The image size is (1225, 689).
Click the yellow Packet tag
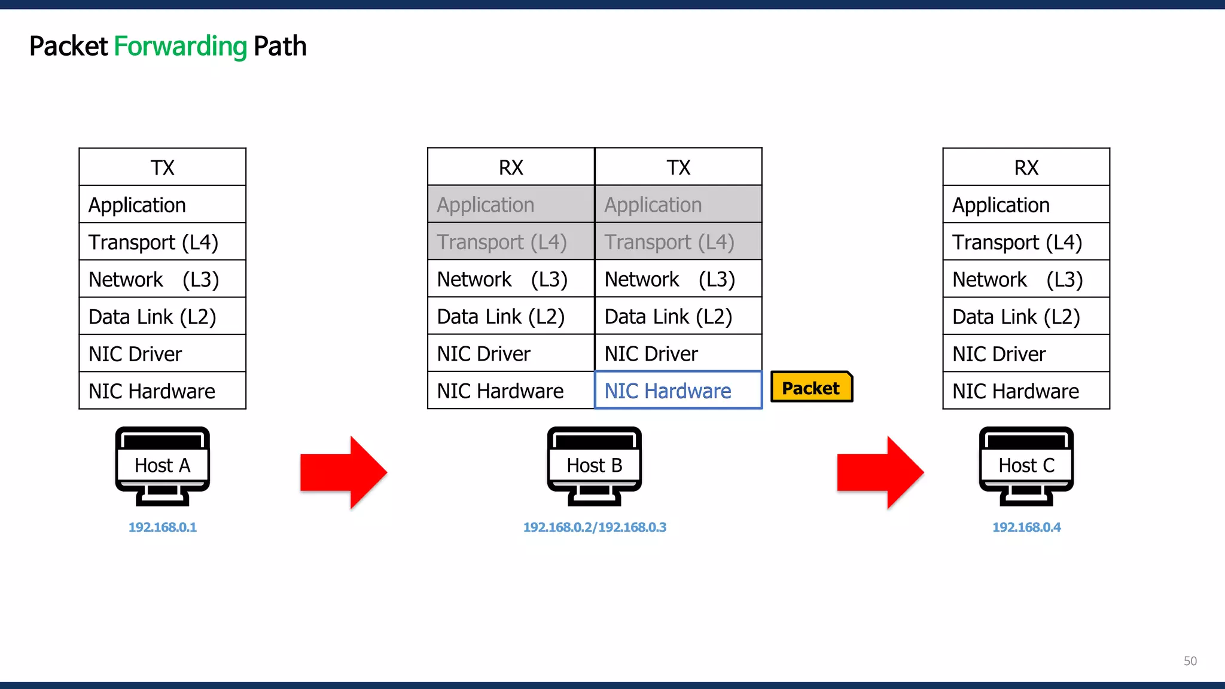pyautogui.click(x=811, y=388)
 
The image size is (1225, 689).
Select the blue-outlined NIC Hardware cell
pyautogui.click(x=678, y=391)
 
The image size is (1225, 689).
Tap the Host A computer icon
pyautogui.click(x=162, y=465)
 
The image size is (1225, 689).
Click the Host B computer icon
pyautogui.click(x=594, y=465)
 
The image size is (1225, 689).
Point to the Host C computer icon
pyautogui.click(x=1026, y=465)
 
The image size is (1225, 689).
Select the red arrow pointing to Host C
pyautogui.click(x=880, y=472)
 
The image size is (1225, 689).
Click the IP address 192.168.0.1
pyautogui.click(x=162, y=527)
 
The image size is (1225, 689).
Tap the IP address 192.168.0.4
pyautogui.click(x=1026, y=527)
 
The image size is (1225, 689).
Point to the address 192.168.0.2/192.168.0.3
pyautogui.click(x=595, y=527)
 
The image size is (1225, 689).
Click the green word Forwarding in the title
pyautogui.click(x=180, y=47)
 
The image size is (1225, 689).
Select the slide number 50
pyautogui.click(x=1190, y=661)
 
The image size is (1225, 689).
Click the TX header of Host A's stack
pyautogui.click(x=162, y=167)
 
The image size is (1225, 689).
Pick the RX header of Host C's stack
pyautogui.click(x=1026, y=167)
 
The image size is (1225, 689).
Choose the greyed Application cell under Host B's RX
pyautogui.click(x=511, y=205)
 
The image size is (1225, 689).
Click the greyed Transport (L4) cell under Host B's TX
pyautogui.click(x=678, y=242)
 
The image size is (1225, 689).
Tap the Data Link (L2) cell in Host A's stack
pyautogui.click(x=162, y=316)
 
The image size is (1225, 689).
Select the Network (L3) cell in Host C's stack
pyautogui.click(x=1026, y=279)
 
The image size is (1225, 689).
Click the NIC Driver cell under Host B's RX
pyautogui.click(x=511, y=353)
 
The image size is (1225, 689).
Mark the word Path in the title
pyautogui.click(x=280, y=47)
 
